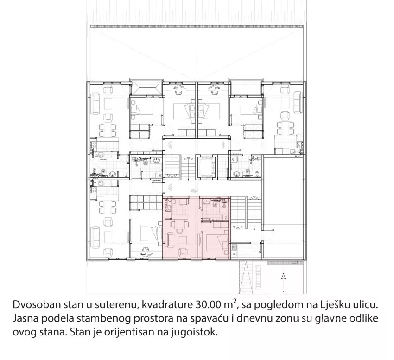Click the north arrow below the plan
(283, 282)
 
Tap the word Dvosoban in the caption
(37, 305)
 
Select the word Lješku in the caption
(334, 305)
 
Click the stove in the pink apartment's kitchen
(167, 208)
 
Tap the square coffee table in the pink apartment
(182, 240)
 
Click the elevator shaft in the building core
(205, 167)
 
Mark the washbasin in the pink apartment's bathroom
(206, 202)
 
